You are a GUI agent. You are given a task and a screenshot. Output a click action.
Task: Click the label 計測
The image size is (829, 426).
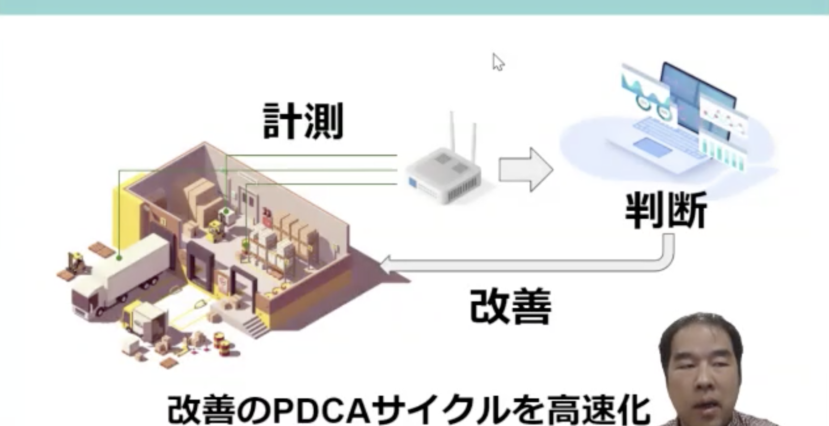[303, 121]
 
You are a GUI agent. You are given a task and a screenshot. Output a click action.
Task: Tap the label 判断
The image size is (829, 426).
[666, 210]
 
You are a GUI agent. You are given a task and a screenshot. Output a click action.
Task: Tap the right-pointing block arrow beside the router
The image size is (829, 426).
[525, 169]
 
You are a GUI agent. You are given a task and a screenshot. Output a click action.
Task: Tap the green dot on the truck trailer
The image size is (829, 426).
[119, 258]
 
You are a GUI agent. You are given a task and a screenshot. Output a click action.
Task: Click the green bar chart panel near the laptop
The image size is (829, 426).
[722, 157]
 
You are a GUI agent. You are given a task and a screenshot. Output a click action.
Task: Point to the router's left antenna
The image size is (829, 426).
[452, 130]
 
